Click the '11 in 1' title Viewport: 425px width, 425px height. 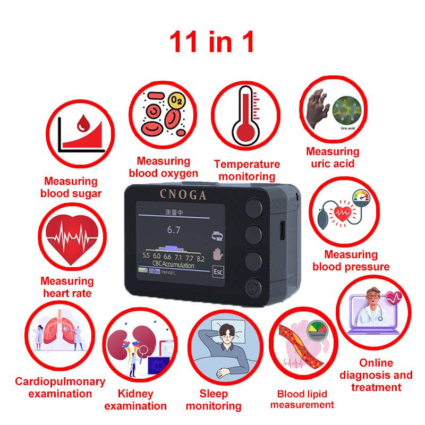point(212,42)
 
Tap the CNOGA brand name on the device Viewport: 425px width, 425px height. point(183,194)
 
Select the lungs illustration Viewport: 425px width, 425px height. point(56,335)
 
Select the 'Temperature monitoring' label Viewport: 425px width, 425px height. point(246,170)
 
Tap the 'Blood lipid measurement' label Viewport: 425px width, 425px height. point(302,399)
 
